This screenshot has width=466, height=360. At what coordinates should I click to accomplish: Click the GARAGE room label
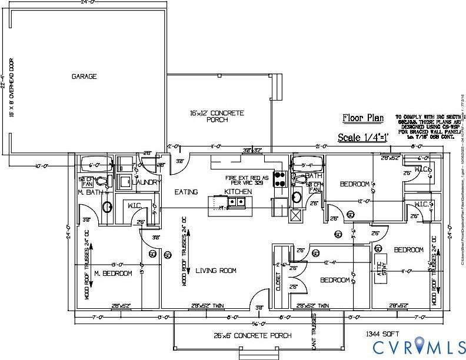pos(84,76)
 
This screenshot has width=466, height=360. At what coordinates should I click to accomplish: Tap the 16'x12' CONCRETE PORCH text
pos(217,116)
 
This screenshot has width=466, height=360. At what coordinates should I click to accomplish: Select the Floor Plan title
pos(363,118)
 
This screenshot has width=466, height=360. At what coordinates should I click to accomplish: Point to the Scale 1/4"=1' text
pos(361,138)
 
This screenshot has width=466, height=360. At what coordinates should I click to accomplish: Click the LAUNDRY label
pos(147,183)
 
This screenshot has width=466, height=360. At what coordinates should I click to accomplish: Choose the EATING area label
pos(187,192)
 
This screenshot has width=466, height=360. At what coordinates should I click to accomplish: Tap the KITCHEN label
pos(238,192)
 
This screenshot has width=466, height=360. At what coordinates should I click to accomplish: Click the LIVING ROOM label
pos(216,271)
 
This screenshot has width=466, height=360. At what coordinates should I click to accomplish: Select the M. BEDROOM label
pos(113,274)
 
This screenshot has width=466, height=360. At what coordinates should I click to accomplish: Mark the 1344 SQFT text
pos(382,334)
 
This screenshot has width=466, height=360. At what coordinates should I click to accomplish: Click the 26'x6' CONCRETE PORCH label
pos(253,336)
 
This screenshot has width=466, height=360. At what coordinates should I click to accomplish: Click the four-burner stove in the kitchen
pos(279,178)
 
